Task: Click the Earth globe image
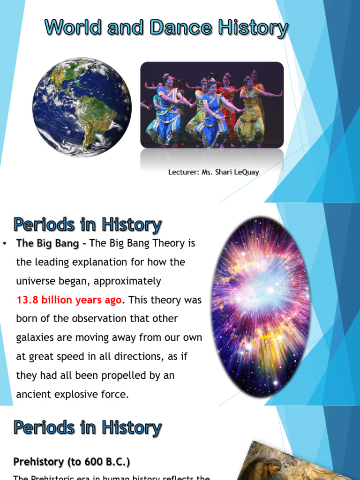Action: (82, 107)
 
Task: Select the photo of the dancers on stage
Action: (212, 105)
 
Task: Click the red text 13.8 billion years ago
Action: (69, 300)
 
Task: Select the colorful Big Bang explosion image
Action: (261, 307)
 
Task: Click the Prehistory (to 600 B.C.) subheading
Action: (72, 462)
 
